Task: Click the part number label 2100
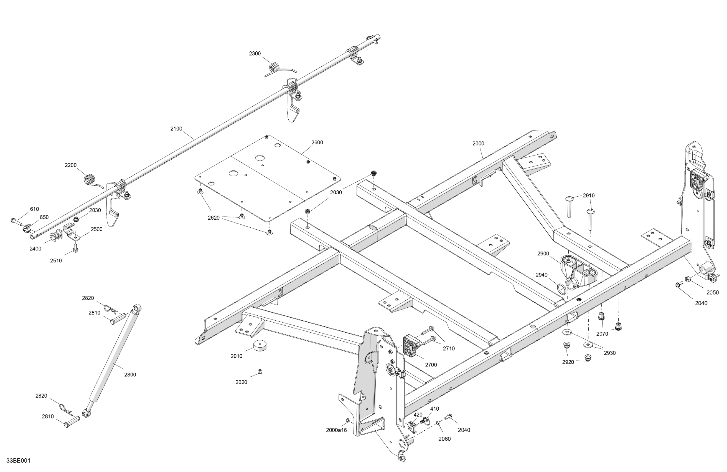(176, 129)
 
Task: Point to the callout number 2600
(317, 142)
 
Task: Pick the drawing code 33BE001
(18, 461)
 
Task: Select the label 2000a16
(336, 430)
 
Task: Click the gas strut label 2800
(130, 375)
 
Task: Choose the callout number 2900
(543, 253)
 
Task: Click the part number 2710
(449, 348)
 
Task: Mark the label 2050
(713, 292)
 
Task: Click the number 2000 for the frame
(478, 144)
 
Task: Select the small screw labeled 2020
(260, 371)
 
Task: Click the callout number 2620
(213, 218)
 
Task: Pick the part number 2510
(56, 261)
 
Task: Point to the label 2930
(610, 353)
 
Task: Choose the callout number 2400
(35, 249)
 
